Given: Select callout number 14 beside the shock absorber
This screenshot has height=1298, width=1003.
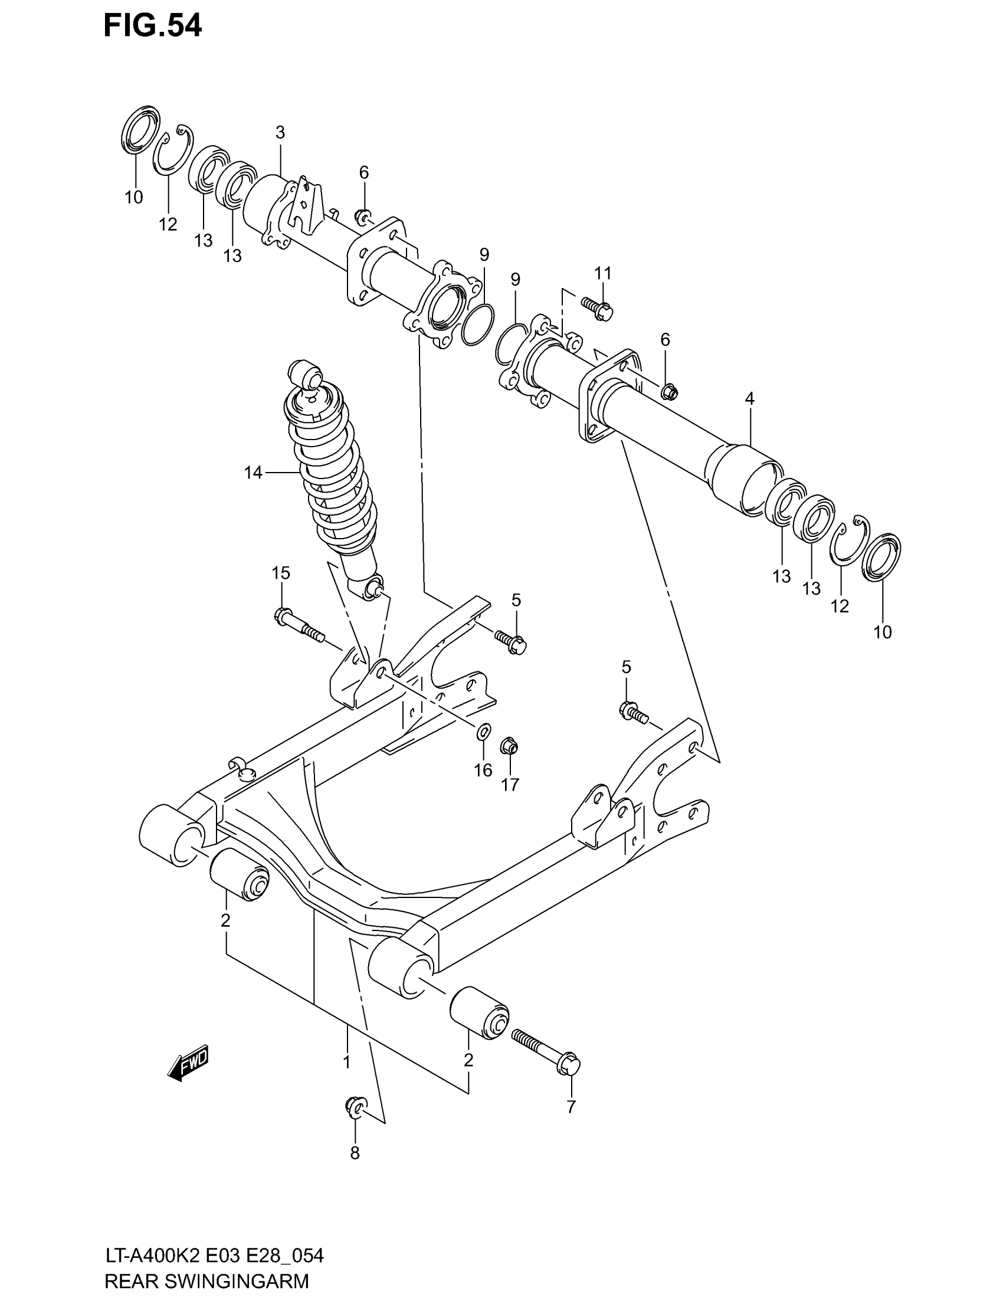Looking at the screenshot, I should coord(253,473).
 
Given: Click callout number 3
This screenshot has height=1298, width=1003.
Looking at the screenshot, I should coord(280,132).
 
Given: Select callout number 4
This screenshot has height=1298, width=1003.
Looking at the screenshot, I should coord(749,399).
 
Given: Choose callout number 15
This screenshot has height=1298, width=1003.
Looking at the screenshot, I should coord(280,573).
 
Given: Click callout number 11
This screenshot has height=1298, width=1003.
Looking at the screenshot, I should coord(603,273).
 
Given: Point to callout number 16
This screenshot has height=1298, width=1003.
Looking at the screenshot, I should coord(483,770).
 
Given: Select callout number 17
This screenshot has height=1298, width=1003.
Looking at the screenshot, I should coord(510,785).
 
